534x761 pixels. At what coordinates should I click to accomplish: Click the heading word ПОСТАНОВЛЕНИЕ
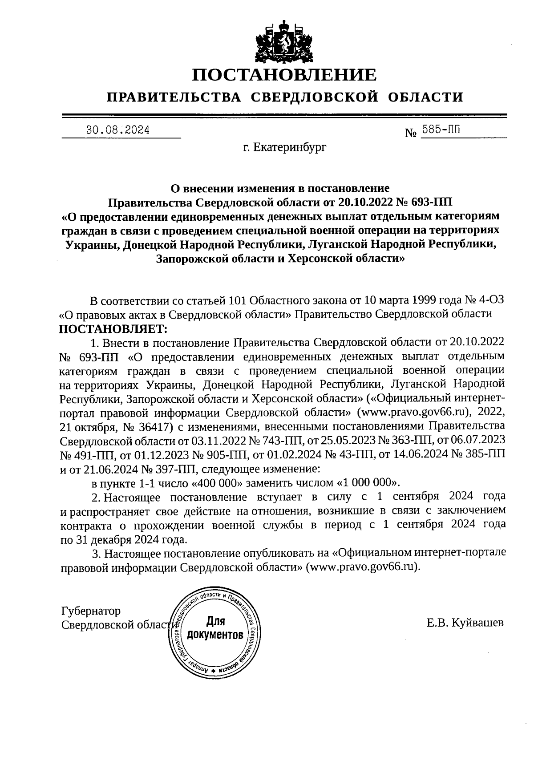[x=284, y=75]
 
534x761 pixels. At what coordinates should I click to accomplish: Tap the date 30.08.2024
[x=118, y=130]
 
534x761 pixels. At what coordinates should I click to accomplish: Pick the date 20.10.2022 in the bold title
[x=363, y=202]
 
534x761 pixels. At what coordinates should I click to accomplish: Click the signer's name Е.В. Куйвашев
[x=465, y=623]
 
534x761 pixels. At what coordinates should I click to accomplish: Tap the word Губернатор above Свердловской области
[x=91, y=611]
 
